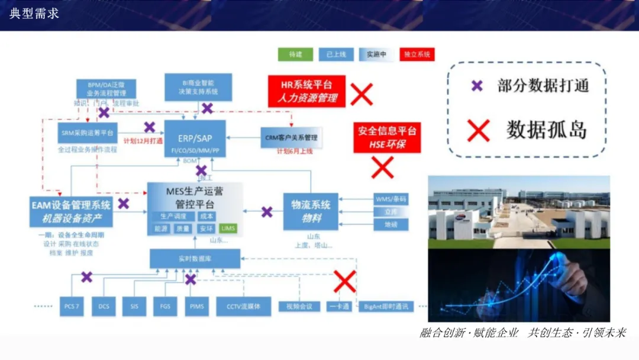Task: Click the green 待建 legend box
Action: point(295,54)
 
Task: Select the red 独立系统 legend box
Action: point(417,54)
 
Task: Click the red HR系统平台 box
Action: point(306,91)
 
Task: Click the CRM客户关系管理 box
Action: point(291,137)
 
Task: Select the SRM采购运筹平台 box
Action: point(89,133)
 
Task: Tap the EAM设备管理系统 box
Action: point(71,211)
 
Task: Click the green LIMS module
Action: point(228,229)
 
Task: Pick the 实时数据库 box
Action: point(195,259)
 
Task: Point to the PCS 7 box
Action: point(71,306)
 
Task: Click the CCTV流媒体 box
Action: point(243,306)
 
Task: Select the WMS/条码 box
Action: point(391,199)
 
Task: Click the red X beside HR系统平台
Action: point(362,94)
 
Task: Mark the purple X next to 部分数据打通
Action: point(477,85)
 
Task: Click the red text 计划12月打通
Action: point(143,141)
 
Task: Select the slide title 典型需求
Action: point(34,14)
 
